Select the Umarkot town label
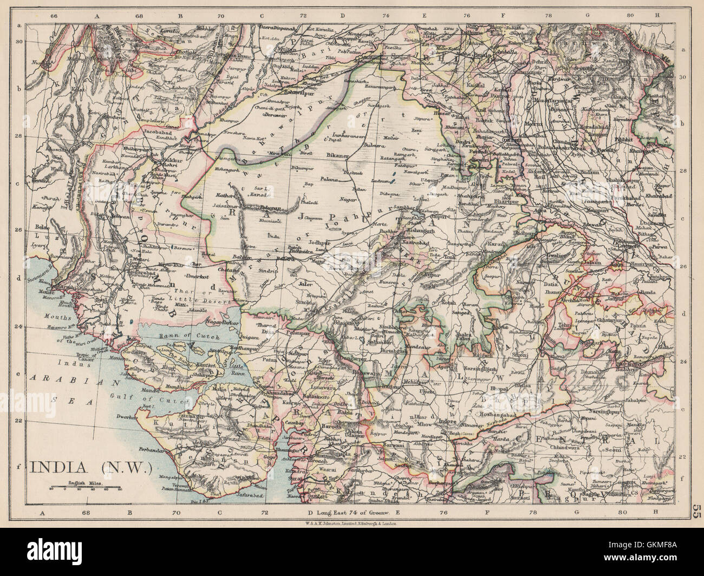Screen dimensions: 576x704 pyautogui.click(x=199, y=277)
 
